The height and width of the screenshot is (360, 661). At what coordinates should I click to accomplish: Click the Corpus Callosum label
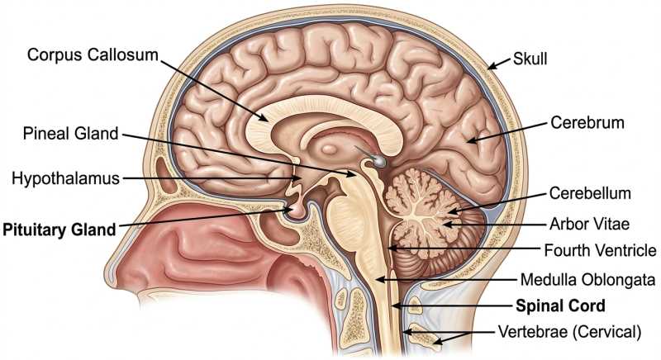point(93,54)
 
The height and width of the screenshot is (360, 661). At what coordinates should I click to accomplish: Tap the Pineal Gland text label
point(70,134)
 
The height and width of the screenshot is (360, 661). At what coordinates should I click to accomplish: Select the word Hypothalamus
point(66,178)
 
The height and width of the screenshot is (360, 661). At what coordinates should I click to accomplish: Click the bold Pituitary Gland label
point(59,230)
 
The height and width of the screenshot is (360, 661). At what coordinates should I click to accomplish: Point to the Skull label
point(530,59)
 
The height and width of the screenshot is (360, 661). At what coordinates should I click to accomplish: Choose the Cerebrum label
point(587,122)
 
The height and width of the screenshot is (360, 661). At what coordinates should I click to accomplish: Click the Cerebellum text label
point(590,193)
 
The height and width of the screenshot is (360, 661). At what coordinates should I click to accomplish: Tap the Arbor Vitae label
point(589,224)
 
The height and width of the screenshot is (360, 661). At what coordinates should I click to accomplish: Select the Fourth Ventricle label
point(601,250)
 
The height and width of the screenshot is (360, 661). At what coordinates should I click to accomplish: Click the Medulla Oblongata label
point(588,280)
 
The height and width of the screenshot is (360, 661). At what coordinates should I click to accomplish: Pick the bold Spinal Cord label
point(561,306)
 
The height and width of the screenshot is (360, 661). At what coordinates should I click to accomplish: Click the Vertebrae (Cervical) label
point(569,332)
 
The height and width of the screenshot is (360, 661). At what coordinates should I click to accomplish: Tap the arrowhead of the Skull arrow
point(491,66)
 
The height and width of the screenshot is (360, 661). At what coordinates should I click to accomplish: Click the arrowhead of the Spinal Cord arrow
point(395,306)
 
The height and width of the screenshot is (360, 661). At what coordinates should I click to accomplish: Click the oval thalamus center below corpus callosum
point(329,149)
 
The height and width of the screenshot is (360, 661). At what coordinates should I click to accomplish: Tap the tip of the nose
point(107,278)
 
